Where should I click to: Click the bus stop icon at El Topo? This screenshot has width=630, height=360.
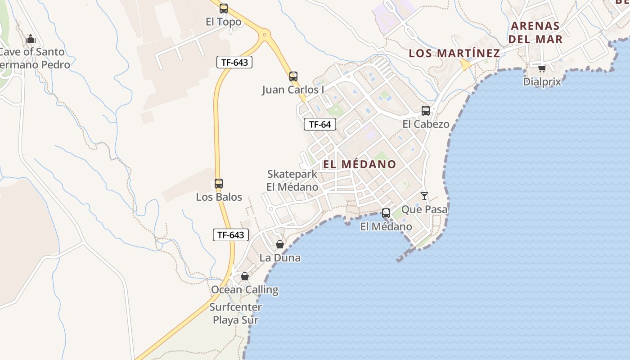(x=224, y=8)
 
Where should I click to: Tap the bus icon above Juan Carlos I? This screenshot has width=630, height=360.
(x=293, y=76)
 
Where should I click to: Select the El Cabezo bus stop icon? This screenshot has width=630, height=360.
(x=426, y=110)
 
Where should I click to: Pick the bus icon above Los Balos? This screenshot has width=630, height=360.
(x=219, y=184)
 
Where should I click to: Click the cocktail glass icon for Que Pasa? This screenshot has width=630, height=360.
(x=424, y=196)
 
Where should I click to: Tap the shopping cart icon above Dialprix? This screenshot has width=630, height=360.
(x=542, y=69)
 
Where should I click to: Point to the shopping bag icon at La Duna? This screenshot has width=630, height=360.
(x=280, y=244)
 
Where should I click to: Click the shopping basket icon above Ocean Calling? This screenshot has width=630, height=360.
(x=245, y=276)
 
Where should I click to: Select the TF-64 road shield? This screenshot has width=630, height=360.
(x=320, y=124)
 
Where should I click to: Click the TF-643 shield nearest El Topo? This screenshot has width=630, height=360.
(x=234, y=62)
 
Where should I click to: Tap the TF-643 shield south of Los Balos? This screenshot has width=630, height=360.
(x=231, y=234)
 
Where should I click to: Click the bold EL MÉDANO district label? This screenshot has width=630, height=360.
(x=360, y=164)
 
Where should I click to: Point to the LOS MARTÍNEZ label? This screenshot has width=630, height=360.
(x=454, y=53)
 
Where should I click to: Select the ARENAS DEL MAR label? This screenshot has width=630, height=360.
(x=535, y=32)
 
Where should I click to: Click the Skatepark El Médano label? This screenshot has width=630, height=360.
(x=292, y=180)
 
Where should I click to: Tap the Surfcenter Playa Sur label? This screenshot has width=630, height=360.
(x=236, y=314)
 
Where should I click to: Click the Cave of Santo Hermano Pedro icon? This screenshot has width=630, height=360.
(x=31, y=39)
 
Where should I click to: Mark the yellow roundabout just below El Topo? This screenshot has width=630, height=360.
(x=265, y=34)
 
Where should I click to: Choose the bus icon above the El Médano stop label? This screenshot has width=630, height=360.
(x=386, y=213)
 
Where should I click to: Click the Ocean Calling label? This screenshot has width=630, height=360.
(x=245, y=289)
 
